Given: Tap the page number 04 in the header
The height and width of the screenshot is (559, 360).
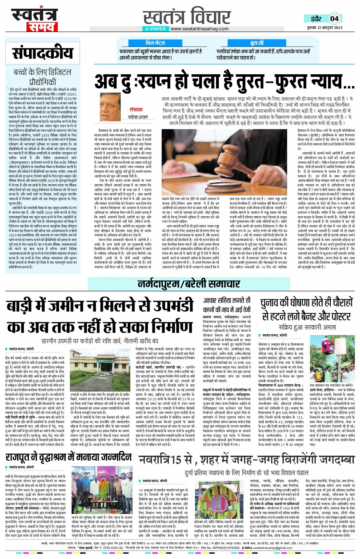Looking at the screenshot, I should pyautogui.click(x=334, y=18).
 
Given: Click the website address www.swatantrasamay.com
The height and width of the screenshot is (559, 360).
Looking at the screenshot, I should pyautogui.click(x=199, y=29).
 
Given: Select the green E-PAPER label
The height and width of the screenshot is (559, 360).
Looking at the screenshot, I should pyautogui.click(x=156, y=29).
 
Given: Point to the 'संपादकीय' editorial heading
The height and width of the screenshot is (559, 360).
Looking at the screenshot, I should pyautogui.click(x=43, y=53).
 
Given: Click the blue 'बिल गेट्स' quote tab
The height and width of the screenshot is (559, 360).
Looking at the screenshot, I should pyautogui.click(x=155, y=43).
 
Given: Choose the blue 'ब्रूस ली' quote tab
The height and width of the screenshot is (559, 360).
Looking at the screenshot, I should pyautogui.click(x=257, y=43).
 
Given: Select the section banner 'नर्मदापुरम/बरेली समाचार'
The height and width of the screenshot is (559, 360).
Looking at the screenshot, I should pyautogui.click(x=189, y=284).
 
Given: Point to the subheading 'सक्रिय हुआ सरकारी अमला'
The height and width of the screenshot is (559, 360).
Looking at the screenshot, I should pyautogui.click(x=307, y=327).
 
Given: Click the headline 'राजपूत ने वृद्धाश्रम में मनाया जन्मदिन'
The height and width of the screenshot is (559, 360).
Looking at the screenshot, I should pyautogui.click(x=69, y=457).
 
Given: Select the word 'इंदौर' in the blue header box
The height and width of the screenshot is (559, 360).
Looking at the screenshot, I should pyautogui.click(x=316, y=19).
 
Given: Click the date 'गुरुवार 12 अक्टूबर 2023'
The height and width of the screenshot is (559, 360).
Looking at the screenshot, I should pyautogui.click(x=324, y=28).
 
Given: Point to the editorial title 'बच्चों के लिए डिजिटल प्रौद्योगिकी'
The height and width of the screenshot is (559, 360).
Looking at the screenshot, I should pyautogui.click(x=42, y=77).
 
